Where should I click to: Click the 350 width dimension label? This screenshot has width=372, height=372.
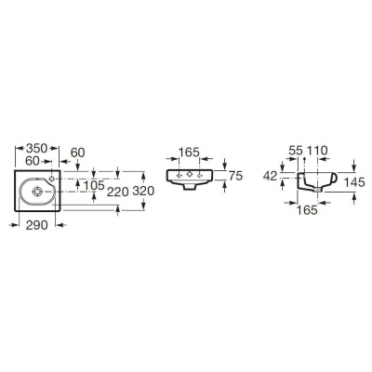click(x=36, y=149)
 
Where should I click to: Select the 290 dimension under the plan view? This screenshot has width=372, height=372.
click(x=37, y=225)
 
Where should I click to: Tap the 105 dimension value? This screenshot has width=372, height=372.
click(x=94, y=186)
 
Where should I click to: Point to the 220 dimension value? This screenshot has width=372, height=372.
click(x=117, y=193)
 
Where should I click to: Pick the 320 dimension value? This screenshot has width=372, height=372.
click(x=143, y=191)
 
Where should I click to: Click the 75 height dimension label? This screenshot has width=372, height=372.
click(x=235, y=176)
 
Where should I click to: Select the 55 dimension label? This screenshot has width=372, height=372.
click(x=296, y=151)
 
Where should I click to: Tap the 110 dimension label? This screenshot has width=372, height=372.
click(x=316, y=151)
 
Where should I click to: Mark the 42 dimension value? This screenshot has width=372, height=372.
click(x=270, y=177)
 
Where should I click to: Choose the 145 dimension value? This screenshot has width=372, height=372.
click(x=354, y=182)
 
